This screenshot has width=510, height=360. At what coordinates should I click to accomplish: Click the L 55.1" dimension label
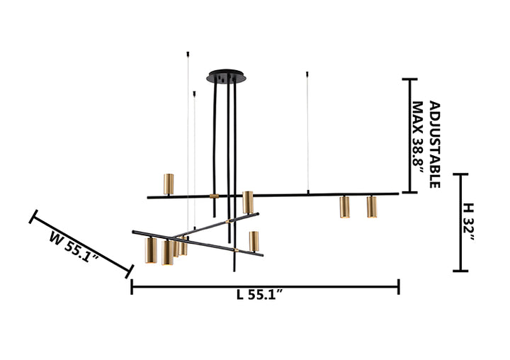point(259,295)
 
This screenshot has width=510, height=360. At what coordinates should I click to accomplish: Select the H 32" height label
point(468,222)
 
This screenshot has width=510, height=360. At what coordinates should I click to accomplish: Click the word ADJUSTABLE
point(435,145)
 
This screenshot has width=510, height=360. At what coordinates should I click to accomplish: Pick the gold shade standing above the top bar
point(169,184)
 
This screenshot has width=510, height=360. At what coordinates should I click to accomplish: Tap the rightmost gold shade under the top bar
point(372,207)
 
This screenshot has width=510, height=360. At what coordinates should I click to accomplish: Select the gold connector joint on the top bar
point(215,196)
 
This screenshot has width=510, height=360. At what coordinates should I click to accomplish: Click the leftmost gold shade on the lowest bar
point(151,250)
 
